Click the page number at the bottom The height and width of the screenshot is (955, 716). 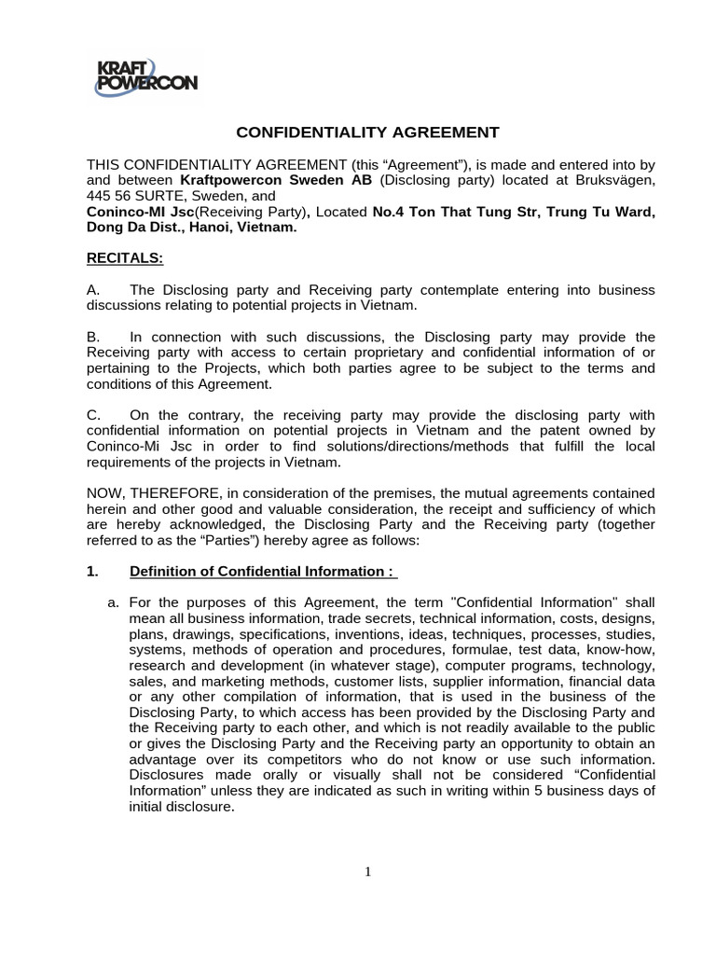coord(368,872)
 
